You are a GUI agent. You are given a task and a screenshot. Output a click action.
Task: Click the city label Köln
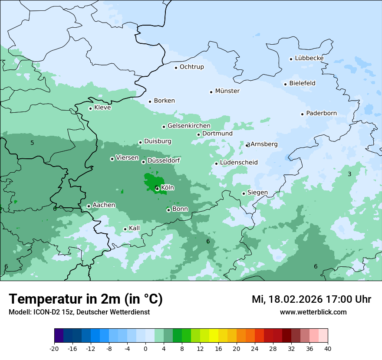(x=168, y=188)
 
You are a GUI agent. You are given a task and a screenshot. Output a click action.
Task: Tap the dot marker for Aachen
(x=89, y=206)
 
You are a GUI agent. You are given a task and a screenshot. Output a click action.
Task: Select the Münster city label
(x=227, y=91)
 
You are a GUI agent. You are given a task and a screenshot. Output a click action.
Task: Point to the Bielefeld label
(x=302, y=83)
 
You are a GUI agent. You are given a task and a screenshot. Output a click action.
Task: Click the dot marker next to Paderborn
(x=302, y=114)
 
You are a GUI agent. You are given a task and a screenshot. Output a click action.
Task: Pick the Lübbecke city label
(x=309, y=58)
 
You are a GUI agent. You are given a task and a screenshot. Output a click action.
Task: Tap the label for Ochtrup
(x=191, y=67)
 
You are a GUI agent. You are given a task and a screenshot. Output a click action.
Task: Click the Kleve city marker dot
(x=90, y=108)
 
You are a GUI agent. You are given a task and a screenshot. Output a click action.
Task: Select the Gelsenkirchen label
(x=189, y=126)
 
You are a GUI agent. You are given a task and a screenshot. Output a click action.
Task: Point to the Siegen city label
(x=257, y=193)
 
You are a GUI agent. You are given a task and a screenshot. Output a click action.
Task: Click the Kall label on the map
(x=135, y=228)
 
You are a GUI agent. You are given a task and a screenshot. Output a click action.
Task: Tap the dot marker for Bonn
(x=168, y=210)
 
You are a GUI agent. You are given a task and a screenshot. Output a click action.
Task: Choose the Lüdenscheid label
(x=239, y=163)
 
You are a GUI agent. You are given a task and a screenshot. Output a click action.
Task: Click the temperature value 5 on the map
(x=32, y=143)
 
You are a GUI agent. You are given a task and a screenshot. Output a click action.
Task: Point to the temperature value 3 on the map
(x=349, y=174)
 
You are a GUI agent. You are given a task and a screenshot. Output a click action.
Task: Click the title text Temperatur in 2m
(x=86, y=299)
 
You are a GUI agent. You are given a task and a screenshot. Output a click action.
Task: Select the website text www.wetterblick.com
(x=313, y=312)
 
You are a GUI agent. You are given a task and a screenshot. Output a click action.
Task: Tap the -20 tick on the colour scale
(x=54, y=349)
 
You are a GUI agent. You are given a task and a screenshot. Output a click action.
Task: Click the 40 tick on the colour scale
(x=328, y=349)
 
